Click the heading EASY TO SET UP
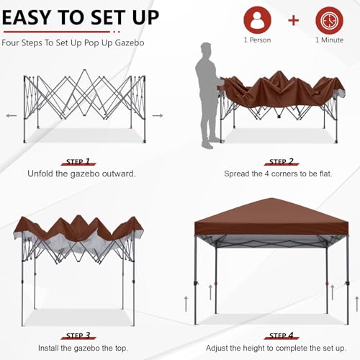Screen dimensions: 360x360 coord(81,17)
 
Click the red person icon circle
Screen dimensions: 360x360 coord(257,21)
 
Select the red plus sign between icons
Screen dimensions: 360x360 coord(293,20)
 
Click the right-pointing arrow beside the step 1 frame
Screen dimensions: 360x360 coord(158,114)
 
